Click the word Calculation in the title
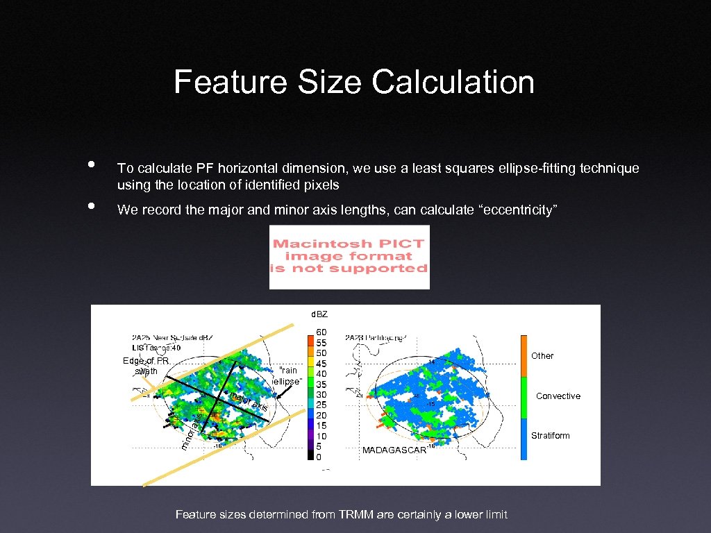(x=453, y=82)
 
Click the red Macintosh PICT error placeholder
(x=349, y=256)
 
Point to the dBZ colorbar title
(x=319, y=315)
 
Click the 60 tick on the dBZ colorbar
(x=322, y=333)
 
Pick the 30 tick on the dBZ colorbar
(x=322, y=395)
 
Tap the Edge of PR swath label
(x=146, y=366)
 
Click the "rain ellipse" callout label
(x=287, y=376)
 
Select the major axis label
(x=250, y=402)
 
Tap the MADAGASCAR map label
(x=394, y=450)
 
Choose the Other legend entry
(x=542, y=356)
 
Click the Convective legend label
(x=558, y=396)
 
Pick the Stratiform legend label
(x=550, y=436)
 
